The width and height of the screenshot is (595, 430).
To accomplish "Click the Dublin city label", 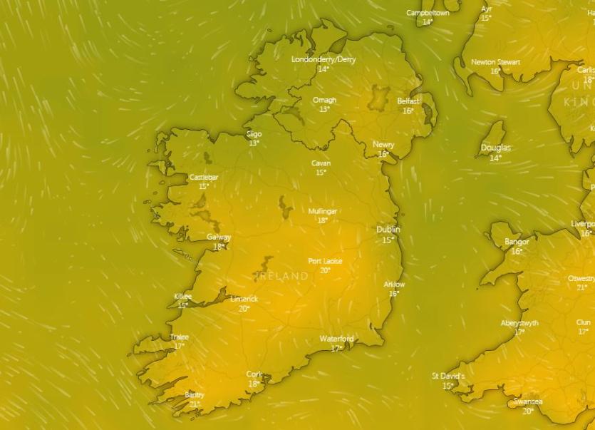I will pos(388,230).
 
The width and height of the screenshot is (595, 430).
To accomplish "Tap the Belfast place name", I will pos(408,101).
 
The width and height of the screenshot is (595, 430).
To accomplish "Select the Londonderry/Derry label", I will pos(324,59).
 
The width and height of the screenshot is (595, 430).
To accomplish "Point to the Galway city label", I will pos(219,237).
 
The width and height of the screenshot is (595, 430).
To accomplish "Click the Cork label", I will pos(254,374).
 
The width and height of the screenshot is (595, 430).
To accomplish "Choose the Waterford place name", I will pos(336,339).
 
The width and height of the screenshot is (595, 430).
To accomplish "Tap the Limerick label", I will pos(244,300).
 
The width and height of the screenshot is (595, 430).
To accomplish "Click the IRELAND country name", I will pos(282,275).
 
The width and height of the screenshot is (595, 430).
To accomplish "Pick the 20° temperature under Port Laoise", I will pos(325,270).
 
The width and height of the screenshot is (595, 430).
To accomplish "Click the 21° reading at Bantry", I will pos(195,404).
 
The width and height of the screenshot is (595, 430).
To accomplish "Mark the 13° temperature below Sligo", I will pos(254,143).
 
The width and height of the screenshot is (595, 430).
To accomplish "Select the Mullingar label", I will pos(323,212).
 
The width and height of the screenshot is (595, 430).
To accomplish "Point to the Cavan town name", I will pos(321,163).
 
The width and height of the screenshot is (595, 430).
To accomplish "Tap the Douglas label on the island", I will pos(496,148).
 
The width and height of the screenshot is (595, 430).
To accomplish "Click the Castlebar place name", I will pos(204,177).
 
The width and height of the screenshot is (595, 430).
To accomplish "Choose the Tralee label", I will pos(180,337).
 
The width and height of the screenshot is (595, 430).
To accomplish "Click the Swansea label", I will pos(528,402).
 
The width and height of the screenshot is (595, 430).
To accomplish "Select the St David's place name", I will pos(448,377).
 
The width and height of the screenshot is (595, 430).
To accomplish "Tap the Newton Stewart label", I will pos(496,62).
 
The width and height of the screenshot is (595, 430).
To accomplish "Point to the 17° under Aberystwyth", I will pos(519,332).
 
